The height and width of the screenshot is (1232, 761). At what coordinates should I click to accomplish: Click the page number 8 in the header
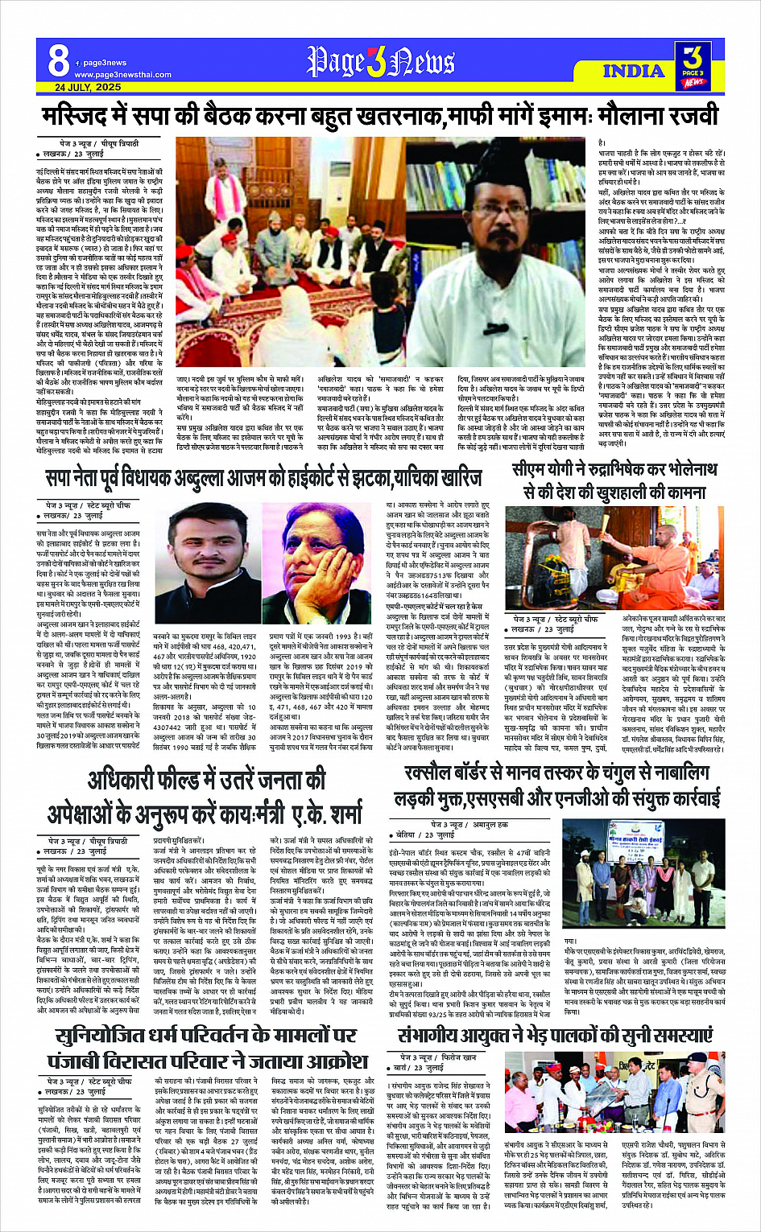58,60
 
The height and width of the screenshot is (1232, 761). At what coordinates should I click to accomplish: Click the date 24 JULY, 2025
88,87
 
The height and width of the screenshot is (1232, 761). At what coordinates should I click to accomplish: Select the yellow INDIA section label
634,71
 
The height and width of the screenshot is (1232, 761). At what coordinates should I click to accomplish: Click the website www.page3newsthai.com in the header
122,75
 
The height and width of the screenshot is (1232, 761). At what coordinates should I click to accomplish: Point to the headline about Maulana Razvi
380,116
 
